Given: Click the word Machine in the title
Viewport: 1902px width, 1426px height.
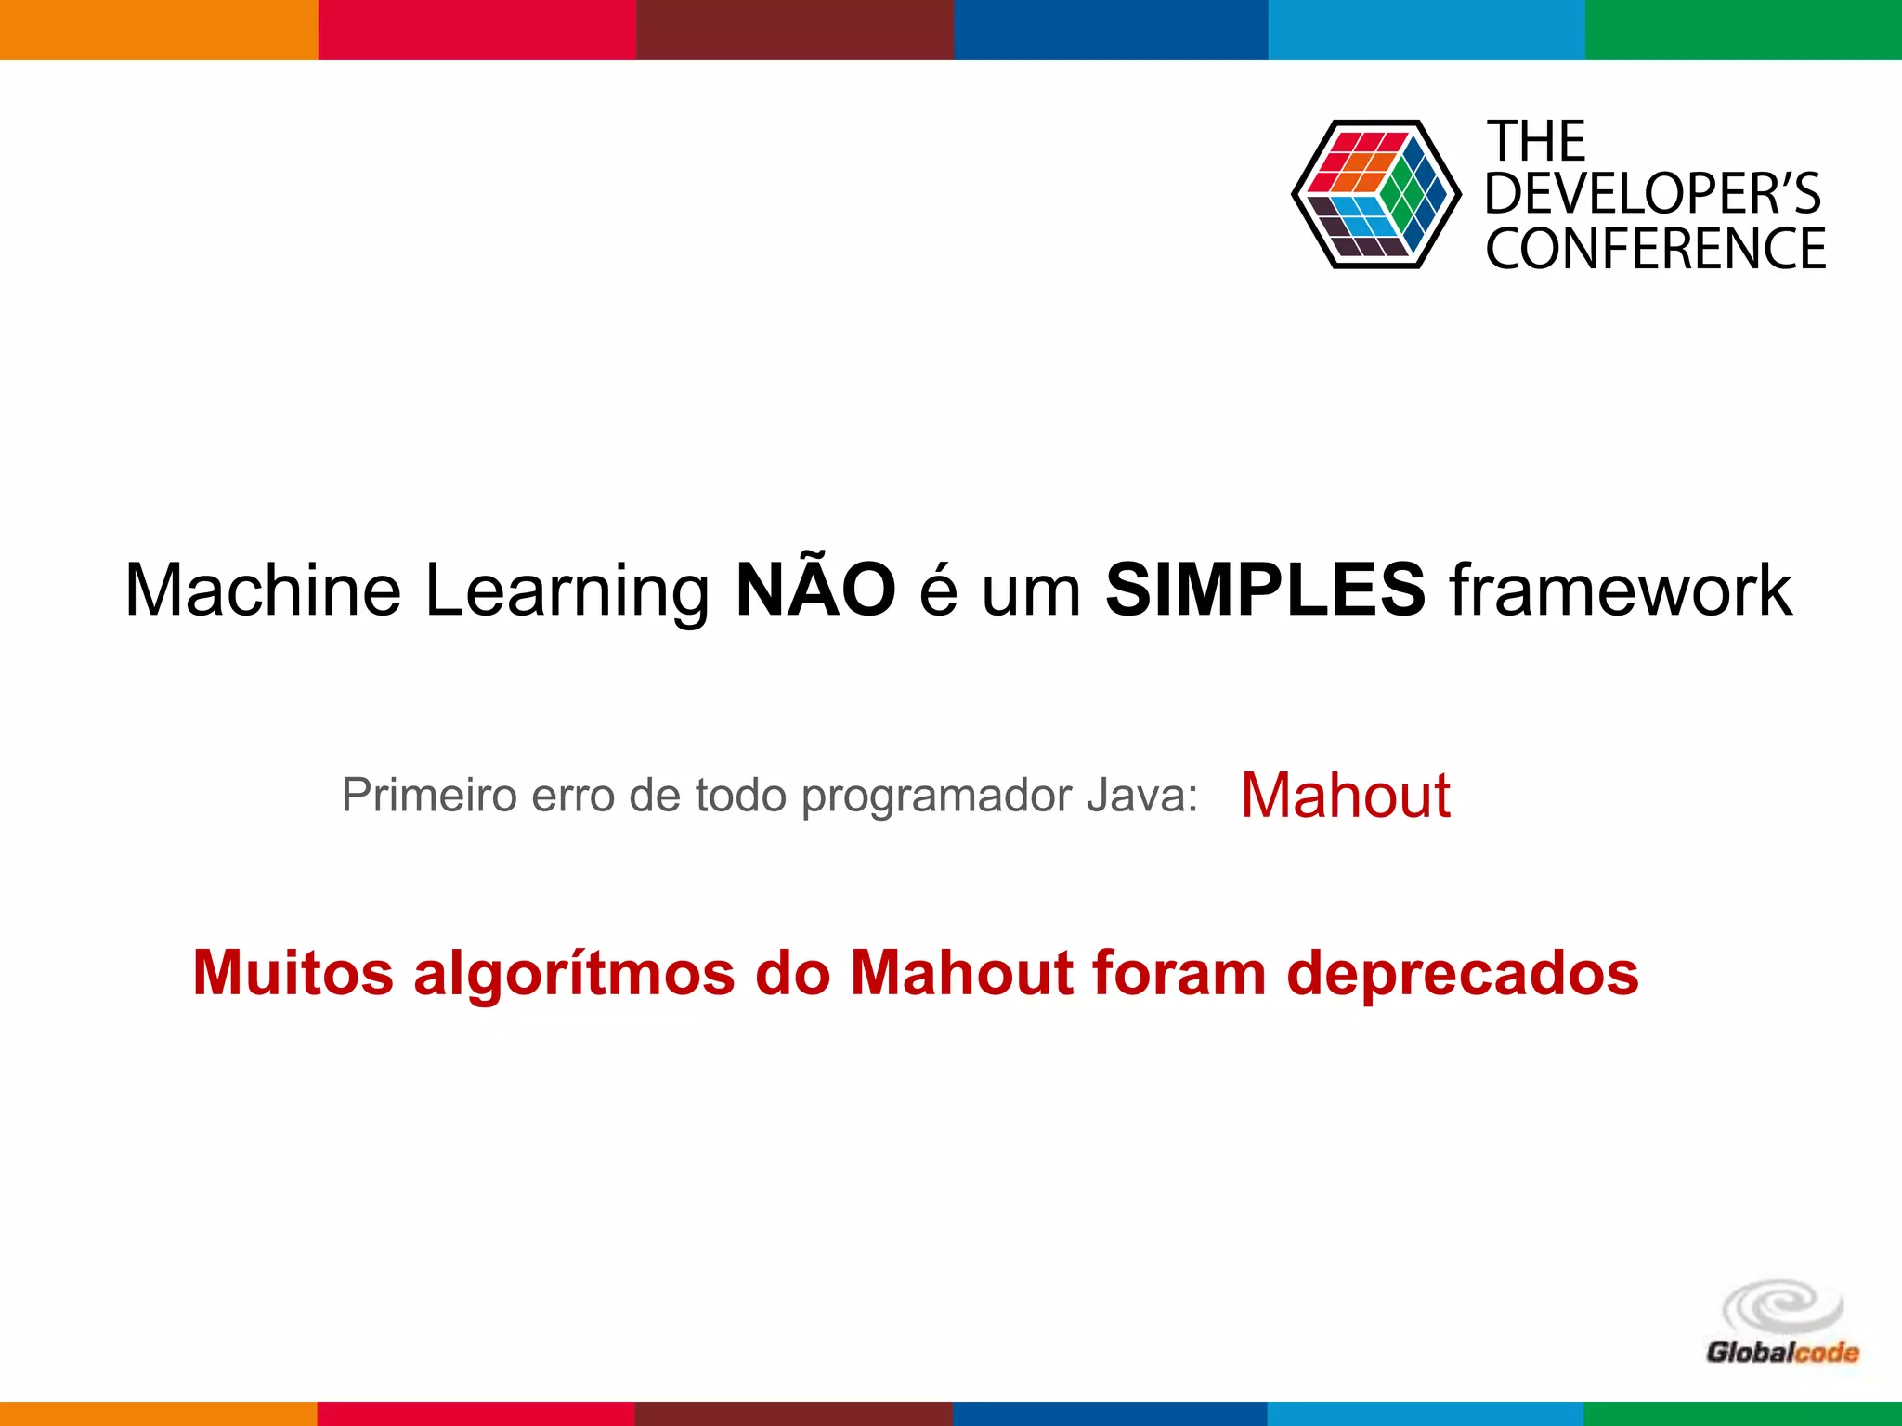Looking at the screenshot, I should tap(263, 590).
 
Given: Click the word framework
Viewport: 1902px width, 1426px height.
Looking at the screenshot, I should tap(1621, 590).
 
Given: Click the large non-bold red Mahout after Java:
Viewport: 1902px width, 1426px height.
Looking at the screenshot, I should tap(1345, 796).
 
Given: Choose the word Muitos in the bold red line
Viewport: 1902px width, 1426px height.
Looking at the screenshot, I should tap(293, 973).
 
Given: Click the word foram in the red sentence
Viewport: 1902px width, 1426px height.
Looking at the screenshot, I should tap(1179, 973).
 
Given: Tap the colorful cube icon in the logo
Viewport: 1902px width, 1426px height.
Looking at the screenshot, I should tap(1375, 194).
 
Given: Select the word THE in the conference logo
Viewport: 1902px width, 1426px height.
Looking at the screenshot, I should tap(1537, 142).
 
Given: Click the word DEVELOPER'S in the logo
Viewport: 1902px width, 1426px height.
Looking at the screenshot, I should tap(1653, 194).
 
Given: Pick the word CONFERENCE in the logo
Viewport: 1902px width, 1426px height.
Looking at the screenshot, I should tap(1656, 249).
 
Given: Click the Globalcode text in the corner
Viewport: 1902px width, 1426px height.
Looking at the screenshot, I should tap(1782, 1352).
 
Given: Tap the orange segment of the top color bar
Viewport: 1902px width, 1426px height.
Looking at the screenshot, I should tap(159, 30).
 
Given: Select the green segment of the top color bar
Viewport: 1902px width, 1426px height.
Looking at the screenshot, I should tap(1743, 30).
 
